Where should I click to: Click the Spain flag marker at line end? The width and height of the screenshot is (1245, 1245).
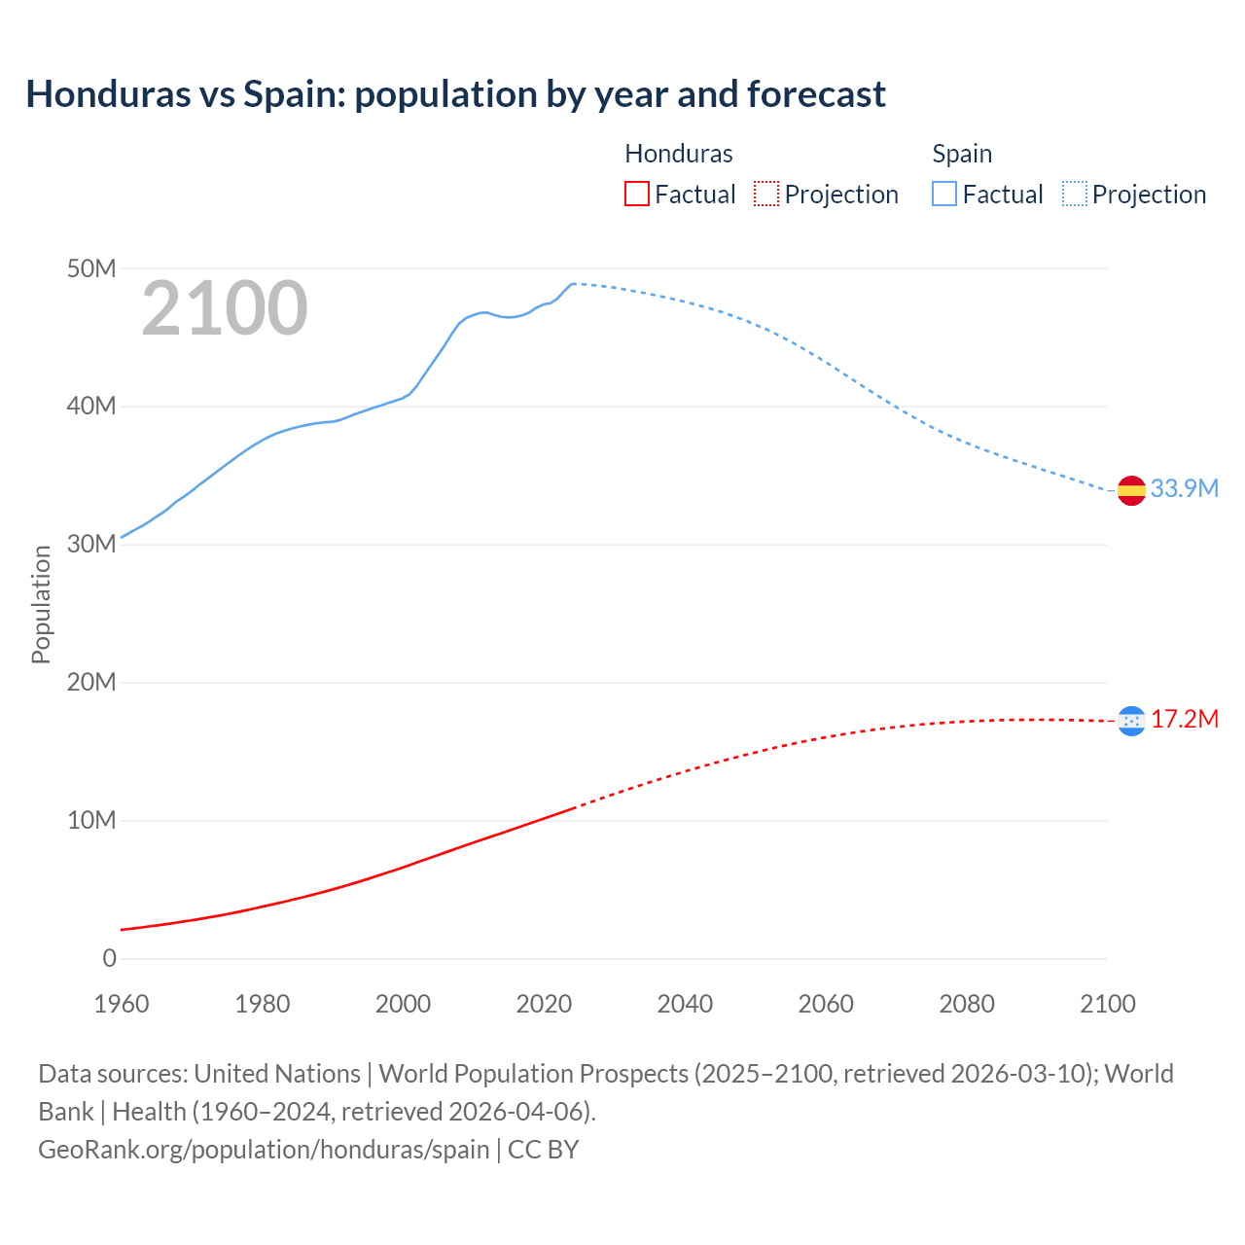pos(1131,490)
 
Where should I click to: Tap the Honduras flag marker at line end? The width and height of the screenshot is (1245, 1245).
pos(1131,721)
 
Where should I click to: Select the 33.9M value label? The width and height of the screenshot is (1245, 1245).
pos(1184,488)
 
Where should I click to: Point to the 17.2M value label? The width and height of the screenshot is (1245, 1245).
pos(1184,719)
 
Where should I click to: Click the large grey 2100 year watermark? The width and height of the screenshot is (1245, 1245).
pos(225,308)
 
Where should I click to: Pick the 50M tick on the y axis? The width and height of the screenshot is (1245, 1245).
pos(91,268)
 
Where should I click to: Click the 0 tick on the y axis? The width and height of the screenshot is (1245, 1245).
pos(109,958)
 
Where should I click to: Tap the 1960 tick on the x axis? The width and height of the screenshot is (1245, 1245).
pos(122,1004)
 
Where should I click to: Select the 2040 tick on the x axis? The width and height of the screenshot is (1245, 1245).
pos(685,1004)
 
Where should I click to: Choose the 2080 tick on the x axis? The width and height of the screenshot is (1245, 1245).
pos(967,1004)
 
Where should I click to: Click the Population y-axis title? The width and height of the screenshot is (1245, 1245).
pos(41,604)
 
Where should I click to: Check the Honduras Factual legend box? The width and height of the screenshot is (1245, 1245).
pos(636,195)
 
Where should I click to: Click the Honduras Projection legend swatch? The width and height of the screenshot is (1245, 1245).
pos(766,195)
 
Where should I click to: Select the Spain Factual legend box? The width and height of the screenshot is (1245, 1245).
pos(943,195)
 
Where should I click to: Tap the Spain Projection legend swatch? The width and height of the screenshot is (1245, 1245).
pos(1074,195)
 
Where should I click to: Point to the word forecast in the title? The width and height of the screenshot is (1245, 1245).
pos(816,94)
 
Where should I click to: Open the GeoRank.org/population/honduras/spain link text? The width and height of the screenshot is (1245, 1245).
pos(264,1149)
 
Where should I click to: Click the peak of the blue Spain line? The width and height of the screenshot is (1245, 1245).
pos(573,284)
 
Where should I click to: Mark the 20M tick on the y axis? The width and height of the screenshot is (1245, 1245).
pos(91,682)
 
